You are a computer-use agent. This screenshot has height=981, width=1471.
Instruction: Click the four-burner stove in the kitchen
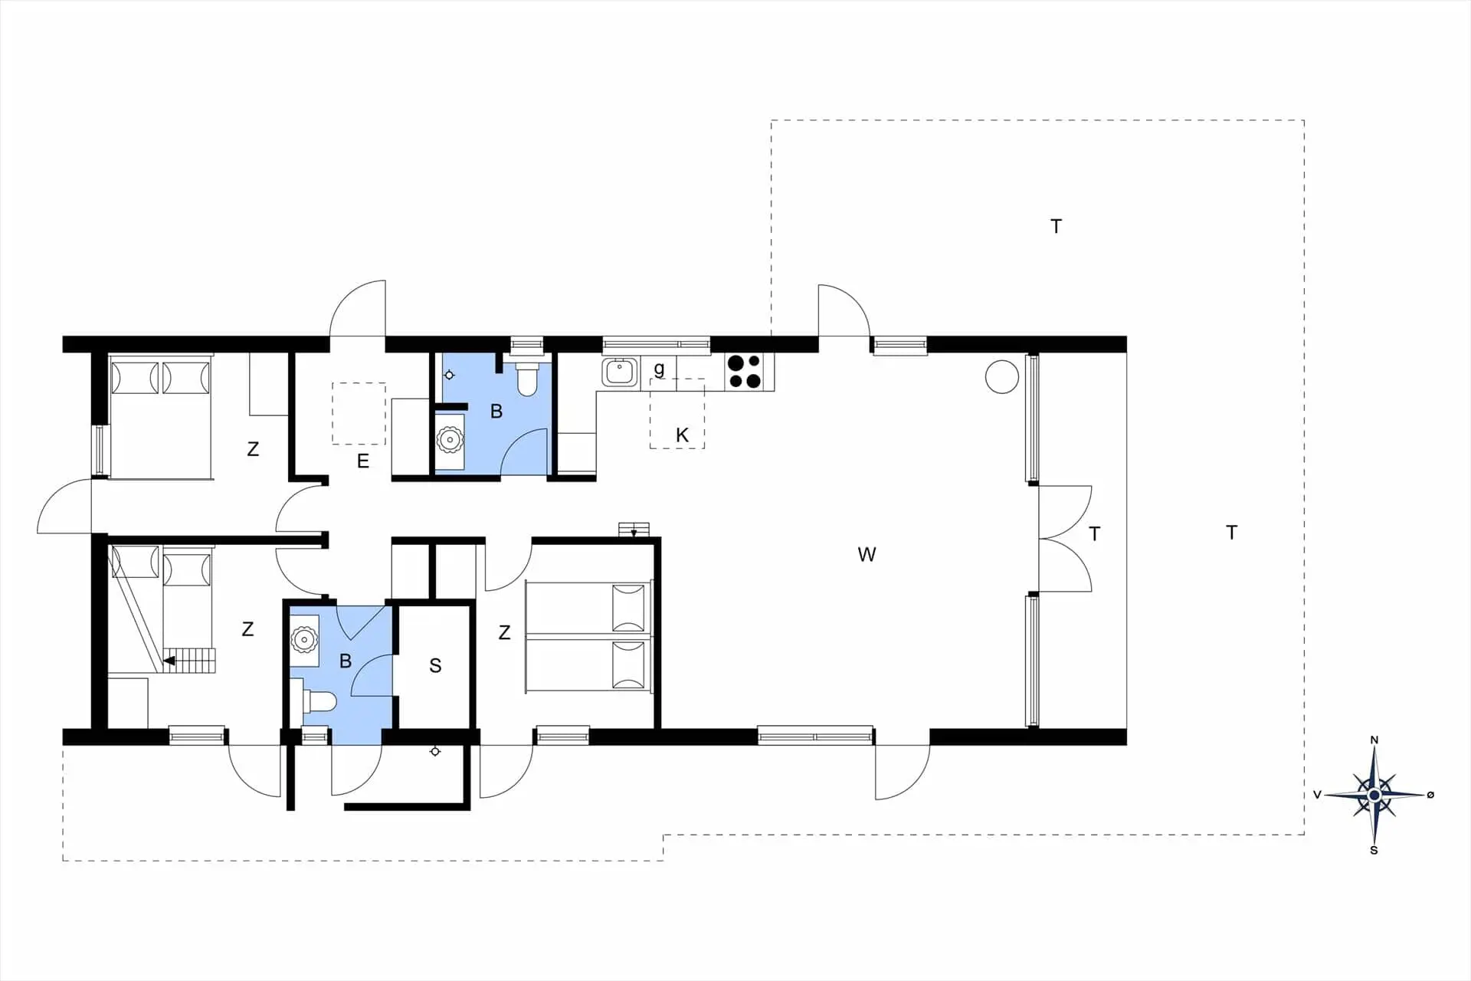point(744,371)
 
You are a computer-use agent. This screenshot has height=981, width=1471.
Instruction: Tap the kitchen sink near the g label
point(619,372)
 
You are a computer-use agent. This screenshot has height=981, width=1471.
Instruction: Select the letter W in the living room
point(867,554)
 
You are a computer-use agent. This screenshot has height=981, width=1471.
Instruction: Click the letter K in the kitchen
point(682,435)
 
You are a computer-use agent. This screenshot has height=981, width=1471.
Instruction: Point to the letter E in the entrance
point(363,461)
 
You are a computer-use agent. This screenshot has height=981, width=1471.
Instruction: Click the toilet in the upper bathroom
point(527,379)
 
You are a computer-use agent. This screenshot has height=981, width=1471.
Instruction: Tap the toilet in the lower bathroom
point(320,701)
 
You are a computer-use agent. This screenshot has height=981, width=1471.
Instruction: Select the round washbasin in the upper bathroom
point(450,440)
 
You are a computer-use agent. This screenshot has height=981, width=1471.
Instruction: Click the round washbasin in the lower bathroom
point(304,639)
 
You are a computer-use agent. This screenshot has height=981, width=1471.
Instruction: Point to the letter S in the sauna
point(435,665)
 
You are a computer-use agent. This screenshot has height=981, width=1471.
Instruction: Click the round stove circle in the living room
point(1001,377)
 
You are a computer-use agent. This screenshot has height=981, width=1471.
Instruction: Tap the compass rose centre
point(1374,795)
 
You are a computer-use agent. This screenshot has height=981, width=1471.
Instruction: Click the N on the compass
point(1374,740)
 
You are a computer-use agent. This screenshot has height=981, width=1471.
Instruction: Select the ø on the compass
point(1430,795)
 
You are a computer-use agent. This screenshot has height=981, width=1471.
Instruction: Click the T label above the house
point(1056,226)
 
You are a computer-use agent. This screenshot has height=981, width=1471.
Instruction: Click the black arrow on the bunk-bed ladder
point(169,660)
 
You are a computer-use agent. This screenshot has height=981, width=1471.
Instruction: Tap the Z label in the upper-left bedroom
point(253,449)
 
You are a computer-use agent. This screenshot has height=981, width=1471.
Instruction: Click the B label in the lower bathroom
point(346,661)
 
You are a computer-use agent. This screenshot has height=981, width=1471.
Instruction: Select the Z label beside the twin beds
point(504,632)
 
